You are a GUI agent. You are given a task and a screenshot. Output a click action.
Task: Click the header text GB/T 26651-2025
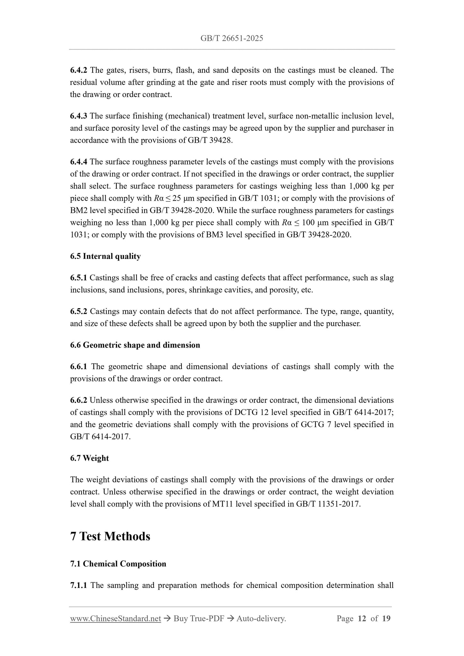232,39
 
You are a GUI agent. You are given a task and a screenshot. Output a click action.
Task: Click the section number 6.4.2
78,70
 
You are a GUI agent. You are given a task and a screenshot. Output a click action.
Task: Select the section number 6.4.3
78,116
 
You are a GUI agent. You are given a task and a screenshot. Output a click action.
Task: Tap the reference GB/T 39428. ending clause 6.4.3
210,141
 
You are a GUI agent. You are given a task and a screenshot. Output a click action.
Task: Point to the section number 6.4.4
78,162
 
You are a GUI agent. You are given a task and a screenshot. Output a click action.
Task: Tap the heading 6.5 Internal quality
105,256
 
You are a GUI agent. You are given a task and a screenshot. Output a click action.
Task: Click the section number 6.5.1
78,278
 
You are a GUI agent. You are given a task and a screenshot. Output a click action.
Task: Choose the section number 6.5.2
78,312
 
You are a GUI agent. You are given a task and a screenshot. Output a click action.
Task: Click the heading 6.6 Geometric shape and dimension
135,345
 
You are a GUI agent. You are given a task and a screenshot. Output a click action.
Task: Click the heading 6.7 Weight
89,458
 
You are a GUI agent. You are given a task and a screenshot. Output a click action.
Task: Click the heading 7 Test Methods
110,536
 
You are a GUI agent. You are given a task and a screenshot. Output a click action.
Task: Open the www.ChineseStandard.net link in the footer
115,618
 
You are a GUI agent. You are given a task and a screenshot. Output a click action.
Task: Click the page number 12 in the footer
362,618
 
